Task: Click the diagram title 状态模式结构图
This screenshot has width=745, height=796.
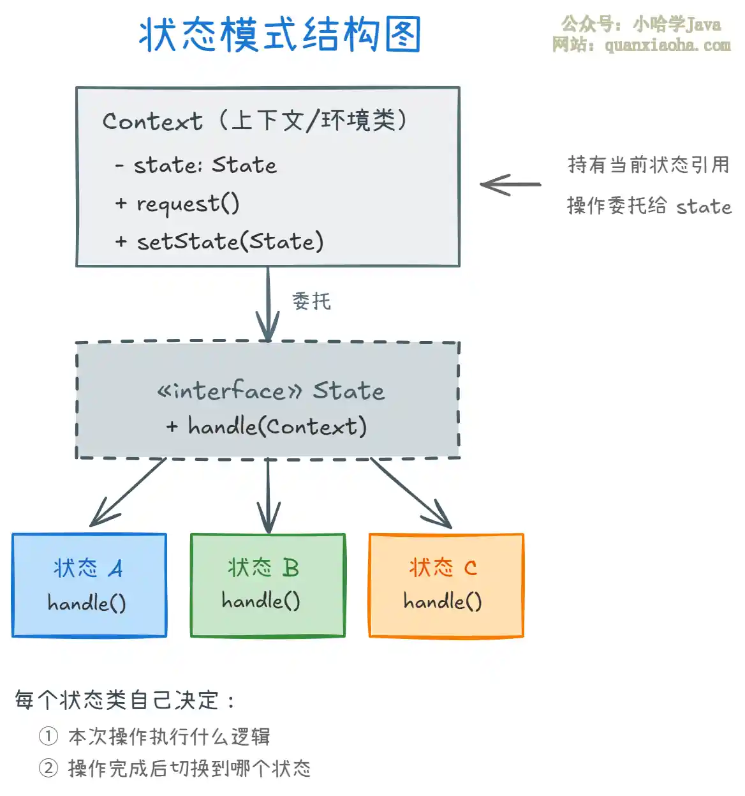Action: click(x=280, y=34)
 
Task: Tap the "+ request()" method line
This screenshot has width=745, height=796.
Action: click(x=177, y=204)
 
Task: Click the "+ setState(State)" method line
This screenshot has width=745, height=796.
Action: click(x=219, y=242)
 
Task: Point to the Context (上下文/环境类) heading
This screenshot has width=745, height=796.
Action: click(x=255, y=121)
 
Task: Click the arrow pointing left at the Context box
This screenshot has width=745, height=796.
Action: click(x=510, y=184)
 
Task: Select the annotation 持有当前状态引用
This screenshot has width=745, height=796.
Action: click(x=648, y=165)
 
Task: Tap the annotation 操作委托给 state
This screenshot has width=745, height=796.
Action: click(x=649, y=206)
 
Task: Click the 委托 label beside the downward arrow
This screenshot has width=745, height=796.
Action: click(x=312, y=301)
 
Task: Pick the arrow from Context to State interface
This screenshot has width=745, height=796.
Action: click(x=268, y=303)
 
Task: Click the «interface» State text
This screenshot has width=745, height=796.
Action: click(x=271, y=391)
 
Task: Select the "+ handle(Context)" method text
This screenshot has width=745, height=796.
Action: click(x=267, y=426)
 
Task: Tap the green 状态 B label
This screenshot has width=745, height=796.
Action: click(x=263, y=567)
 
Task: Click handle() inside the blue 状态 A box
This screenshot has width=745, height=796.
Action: click(x=87, y=603)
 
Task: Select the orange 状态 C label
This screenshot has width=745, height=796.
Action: click(x=443, y=567)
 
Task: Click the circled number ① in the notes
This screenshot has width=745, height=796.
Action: click(x=48, y=736)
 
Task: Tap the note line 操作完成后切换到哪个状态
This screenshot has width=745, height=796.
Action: click(x=189, y=768)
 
